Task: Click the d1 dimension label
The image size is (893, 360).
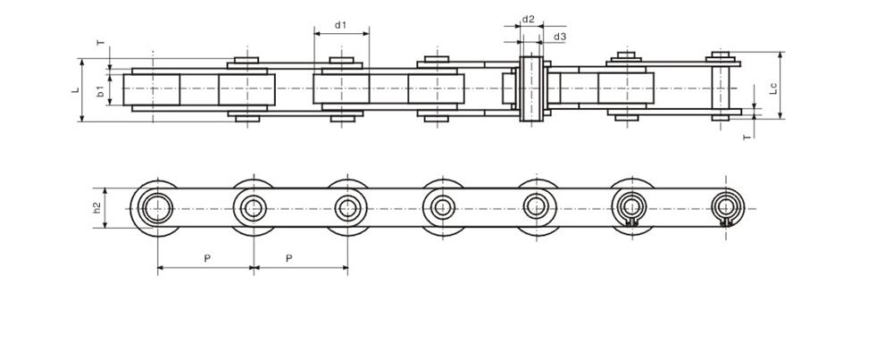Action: tap(341, 25)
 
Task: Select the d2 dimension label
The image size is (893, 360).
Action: tap(529, 19)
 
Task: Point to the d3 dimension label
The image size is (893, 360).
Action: tap(560, 37)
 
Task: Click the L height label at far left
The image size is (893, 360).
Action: tap(77, 89)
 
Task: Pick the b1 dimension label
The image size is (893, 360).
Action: tap(101, 90)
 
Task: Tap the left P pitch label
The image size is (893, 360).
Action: tap(206, 257)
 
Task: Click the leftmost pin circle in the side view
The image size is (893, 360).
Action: tap(158, 208)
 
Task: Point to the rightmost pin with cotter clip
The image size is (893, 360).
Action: tap(726, 209)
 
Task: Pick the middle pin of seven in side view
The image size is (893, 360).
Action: tap(442, 208)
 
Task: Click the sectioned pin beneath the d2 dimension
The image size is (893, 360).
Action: tap(530, 89)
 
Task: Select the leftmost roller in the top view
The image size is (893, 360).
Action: tap(152, 90)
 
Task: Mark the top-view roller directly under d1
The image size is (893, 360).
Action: tap(341, 90)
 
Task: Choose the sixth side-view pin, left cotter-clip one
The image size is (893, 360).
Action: tap(631, 209)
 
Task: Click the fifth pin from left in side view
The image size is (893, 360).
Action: tap(537, 208)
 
